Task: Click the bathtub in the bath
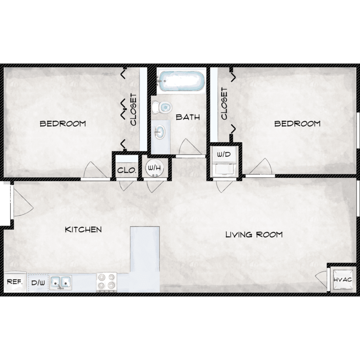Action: [181, 81]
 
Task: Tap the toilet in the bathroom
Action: [162, 107]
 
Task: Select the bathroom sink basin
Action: [160, 132]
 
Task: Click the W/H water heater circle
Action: [155, 168]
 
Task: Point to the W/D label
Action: [224, 154]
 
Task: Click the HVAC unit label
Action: [343, 280]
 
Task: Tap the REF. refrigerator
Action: [15, 282]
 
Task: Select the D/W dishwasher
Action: [38, 283]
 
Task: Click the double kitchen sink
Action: [60, 282]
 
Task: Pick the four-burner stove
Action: [107, 282]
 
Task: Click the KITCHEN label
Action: [84, 229]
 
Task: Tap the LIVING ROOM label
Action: [254, 235]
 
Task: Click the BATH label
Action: [188, 117]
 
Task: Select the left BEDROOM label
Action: [63, 124]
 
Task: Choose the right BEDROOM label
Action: [297, 124]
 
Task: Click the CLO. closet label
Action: [127, 170]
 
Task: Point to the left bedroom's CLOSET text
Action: [133, 109]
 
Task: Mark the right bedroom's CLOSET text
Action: [224, 103]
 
